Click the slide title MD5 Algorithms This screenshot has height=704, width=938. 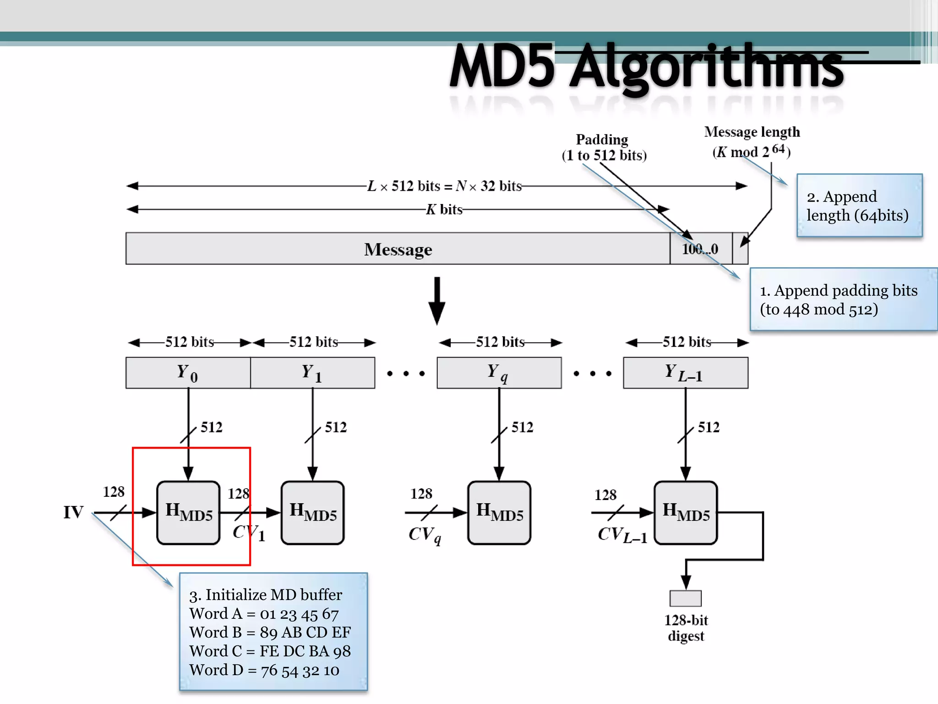coord(646,66)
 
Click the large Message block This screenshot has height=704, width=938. coord(398,249)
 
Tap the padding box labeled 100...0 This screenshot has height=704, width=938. coord(700,249)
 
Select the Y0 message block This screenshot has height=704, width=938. coord(188,373)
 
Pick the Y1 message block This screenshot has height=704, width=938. coord(312,373)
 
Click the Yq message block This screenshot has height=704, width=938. coord(499,373)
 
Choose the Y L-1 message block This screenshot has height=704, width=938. coord(685,373)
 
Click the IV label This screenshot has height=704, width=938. coord(73,512)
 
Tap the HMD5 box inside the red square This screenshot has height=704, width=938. coord(188,512)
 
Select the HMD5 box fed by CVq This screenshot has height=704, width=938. coord(499,512)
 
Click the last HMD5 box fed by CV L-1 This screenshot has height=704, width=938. coord(686,512)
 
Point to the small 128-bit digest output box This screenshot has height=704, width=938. coord(685,598)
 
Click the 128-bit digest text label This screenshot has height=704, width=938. coord(686,628)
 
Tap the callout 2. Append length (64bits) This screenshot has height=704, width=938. coord(859,205)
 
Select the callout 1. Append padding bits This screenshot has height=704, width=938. coord(843,299)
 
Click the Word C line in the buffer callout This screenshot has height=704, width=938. coord(270,651)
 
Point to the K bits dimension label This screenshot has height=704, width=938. coord(444,209)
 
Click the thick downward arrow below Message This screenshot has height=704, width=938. coord(437,300)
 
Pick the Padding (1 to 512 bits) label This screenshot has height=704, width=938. coord(604,147)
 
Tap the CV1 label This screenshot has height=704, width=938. coord(249,533)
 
